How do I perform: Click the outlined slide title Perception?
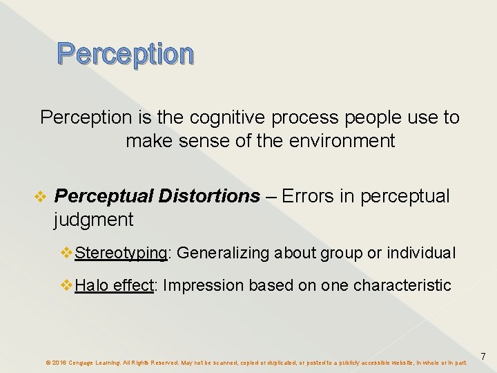coord(126,54)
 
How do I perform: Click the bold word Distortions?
coord(208,196)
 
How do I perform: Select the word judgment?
coord(93,220)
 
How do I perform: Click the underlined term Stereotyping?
coord(121,254)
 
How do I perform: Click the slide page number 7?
coord(483,356)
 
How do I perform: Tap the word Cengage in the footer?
coord(82,362)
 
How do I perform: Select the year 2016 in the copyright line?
coord(59,362)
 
